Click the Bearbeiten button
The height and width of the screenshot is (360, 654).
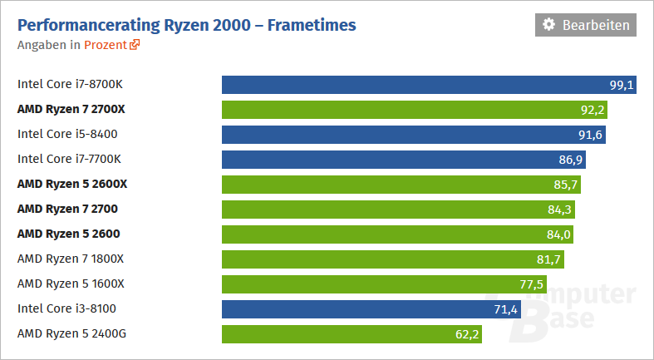coord(586,25)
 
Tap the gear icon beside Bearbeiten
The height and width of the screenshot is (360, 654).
coord(548,25)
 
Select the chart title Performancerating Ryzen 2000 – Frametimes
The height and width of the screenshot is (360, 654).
coord(186,25)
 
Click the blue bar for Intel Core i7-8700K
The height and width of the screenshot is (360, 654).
coord(416,84)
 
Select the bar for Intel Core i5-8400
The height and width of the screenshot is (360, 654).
coord(399,134)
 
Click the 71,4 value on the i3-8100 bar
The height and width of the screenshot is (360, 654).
coord(506,309)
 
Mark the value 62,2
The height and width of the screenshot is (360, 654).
coord(467,334)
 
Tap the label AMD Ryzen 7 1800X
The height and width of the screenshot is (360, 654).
coord(71,259)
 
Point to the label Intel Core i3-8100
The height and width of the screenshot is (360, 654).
coord(66,309)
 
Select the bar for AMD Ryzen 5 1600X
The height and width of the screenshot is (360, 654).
coord(374,284)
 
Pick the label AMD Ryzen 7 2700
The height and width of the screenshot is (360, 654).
coord(66,209)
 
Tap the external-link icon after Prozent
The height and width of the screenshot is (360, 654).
coord(135,45)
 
